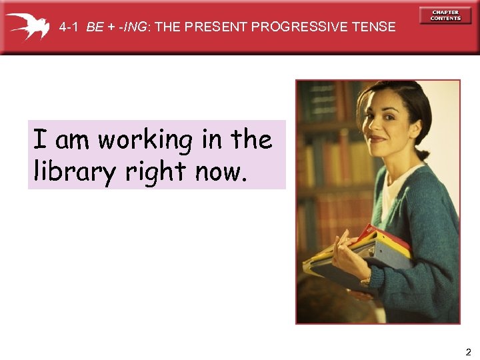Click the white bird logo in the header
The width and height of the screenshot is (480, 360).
pos(27,25)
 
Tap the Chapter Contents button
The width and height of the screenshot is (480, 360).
pos(445,15)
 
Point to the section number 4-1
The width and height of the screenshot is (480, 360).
pos(69,27)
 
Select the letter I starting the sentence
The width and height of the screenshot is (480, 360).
pos(40,140)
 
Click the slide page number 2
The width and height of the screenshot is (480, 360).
pos(468,351)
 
